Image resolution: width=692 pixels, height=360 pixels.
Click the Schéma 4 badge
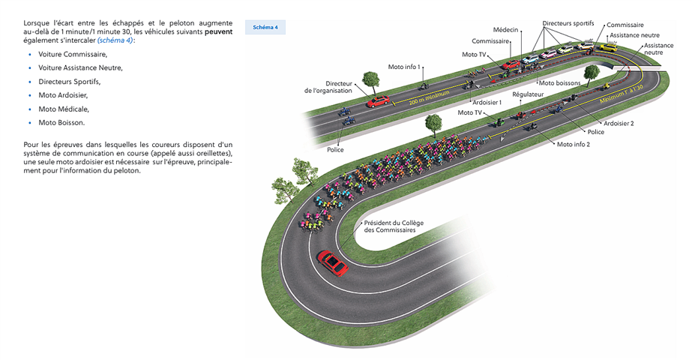265,28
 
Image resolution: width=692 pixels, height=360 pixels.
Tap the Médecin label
505,29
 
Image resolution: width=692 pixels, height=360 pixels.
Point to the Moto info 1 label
404,67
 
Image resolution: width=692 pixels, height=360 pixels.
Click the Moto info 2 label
574,144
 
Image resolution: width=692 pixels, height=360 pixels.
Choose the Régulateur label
528,94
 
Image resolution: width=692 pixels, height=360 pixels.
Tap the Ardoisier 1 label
487,102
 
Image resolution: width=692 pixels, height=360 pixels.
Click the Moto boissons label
559,82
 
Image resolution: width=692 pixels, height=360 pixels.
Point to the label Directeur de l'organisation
328,87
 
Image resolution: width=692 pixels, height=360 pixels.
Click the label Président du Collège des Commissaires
389,226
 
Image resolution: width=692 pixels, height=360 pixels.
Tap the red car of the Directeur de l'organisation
378,100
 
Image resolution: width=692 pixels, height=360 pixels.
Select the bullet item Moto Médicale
64,109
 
